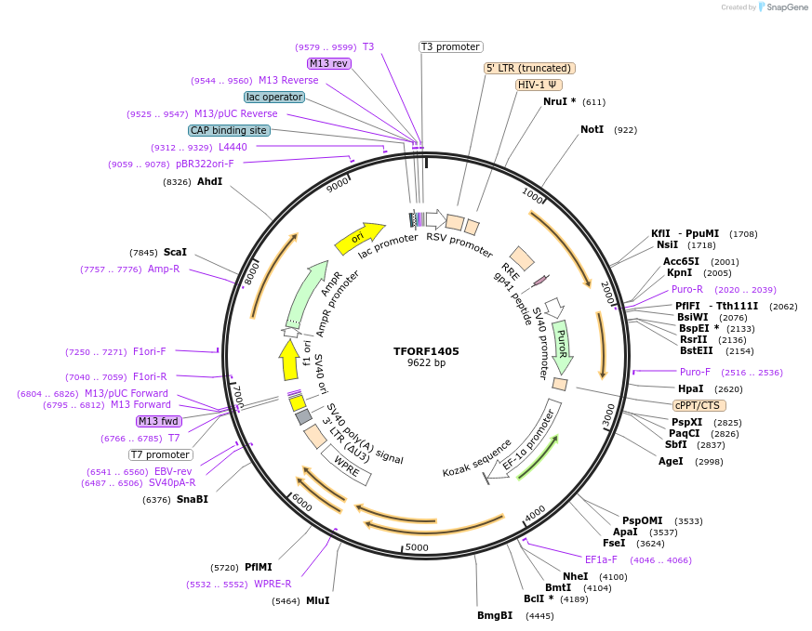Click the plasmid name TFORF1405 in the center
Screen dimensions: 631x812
(426, 351)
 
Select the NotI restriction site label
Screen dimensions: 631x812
(592, 129)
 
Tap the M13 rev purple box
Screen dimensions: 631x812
(328, 63)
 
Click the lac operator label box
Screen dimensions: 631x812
(274, 97)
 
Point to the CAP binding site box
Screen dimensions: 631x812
(229, 130)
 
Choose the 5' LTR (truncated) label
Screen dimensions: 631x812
(529, 68)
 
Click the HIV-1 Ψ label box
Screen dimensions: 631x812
(539, 85)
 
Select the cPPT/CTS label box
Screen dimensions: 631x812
(699, 405)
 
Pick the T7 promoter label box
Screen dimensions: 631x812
(160, 454)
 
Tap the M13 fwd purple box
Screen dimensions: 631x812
(158, 421)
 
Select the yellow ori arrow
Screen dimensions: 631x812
(359, 239)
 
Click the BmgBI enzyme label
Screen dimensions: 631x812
(495, 615)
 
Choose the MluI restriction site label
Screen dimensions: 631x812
(317, 600)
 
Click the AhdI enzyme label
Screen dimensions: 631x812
(210, 181)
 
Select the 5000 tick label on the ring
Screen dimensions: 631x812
(416, 547)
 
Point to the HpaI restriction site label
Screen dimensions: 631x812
(691, 388)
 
